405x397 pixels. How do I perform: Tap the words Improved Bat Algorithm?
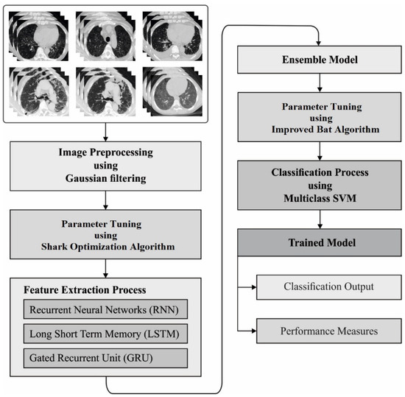point(318,133)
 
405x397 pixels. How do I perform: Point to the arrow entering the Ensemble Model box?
point(318,38)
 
